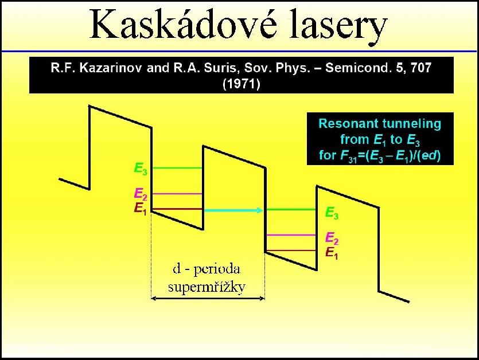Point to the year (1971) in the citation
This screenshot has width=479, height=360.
[242, 84]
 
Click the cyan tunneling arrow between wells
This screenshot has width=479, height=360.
[233, 210]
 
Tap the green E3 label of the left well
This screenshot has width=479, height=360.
[141, 169]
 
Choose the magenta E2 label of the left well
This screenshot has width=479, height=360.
[141, 194]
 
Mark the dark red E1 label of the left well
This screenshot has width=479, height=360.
[140, 209]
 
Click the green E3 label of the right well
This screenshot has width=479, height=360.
[332, 213]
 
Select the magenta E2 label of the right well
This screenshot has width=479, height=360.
[332, 238]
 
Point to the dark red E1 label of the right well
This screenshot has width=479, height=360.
[332, 253]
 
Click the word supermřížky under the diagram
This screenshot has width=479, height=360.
[207, 287]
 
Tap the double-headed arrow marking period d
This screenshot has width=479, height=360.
[208, 298]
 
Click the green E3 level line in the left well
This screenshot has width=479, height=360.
[177, 168]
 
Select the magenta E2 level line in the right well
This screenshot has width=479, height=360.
[291, 235]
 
